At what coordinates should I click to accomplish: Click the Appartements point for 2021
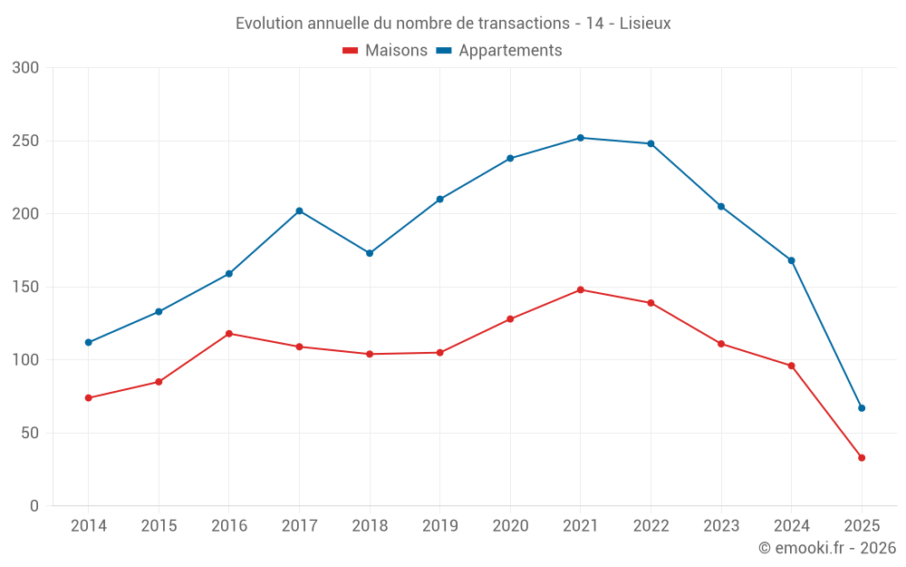581,138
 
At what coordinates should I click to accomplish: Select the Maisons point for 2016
228,334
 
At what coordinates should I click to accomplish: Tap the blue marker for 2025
862,408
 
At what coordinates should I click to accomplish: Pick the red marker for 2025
862,458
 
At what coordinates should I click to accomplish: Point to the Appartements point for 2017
299,210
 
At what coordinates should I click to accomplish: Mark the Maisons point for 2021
581,290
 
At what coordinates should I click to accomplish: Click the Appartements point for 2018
370,253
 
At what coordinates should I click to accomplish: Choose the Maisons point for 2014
88,398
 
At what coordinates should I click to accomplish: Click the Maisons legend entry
385,51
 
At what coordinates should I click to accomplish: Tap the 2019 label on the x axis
439,526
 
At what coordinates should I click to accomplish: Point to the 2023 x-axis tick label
721,526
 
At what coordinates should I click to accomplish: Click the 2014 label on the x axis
88,526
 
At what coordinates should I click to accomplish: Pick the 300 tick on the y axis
26,68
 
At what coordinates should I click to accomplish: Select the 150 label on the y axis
26,288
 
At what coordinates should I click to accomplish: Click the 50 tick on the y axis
31,434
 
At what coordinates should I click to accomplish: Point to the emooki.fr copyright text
827,548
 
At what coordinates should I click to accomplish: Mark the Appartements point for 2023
721,207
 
